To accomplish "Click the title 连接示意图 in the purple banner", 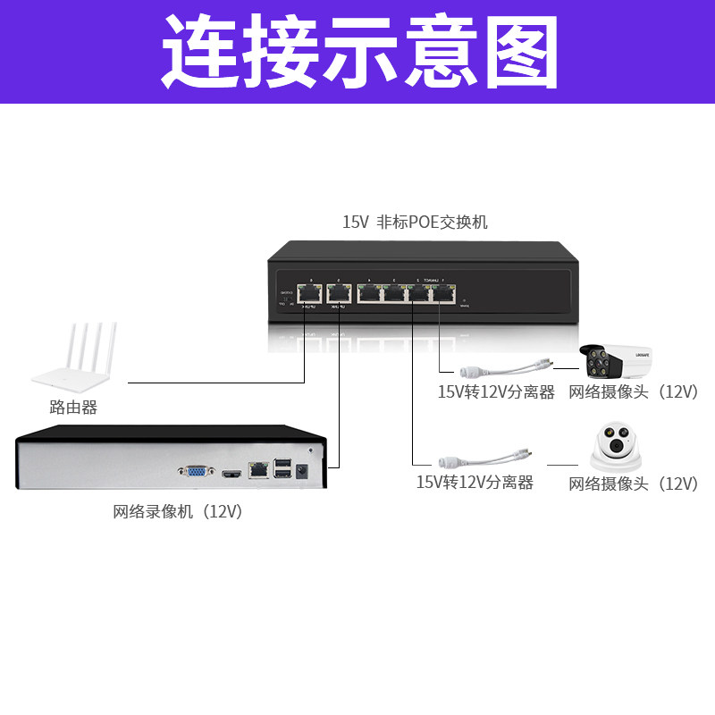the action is [357, 51].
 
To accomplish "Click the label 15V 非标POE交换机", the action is [415, 223].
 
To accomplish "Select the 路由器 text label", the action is [73, 408].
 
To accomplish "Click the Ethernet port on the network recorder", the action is [258, 467].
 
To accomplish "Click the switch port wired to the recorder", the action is [339, 291].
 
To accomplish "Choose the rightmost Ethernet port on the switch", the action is [444, 291].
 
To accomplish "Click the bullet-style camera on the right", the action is [617, 363].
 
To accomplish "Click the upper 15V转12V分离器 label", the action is [495, 392].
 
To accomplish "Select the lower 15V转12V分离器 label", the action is [475, 483].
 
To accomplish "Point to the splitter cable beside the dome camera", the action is [483, 458].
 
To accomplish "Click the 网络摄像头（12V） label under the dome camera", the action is [633, 484].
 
